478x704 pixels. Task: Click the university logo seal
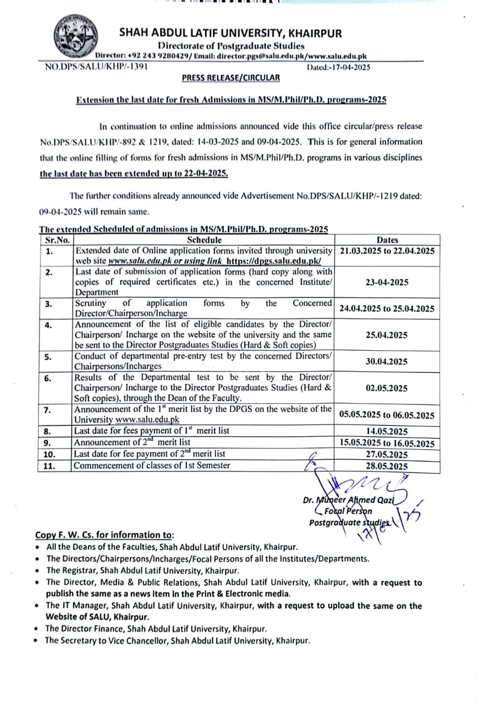[77, 37]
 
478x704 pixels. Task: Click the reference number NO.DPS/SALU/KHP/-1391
[96, 67]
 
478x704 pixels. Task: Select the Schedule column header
[204, 240]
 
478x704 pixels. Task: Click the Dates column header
[387, 240]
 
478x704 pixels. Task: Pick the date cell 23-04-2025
[387, 282]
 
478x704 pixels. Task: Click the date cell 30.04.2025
[387, 361]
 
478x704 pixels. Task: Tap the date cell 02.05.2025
[387, 388]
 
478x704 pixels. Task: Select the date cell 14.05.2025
[387, 431]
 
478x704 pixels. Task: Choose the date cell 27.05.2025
[387, 455]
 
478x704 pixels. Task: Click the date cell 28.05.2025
[387, 466]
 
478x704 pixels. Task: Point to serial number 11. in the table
[50, 466]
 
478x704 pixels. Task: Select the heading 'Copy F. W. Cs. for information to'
[104, 535]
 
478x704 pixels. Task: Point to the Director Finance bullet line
[156, 628]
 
